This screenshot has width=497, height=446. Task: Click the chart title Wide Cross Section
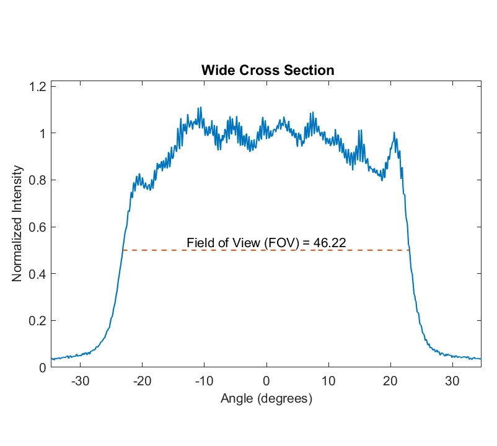click(x=267, y=71)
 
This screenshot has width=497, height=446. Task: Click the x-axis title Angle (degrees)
click(x=266, y=399)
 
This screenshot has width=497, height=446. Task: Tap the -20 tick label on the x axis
click(x=143, y=380)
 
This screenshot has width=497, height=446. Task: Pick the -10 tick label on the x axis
click(x=205, y=380)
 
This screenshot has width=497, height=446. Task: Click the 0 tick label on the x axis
click(x=266, y=380)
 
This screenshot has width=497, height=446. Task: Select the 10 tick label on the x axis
click(x=328, y=380)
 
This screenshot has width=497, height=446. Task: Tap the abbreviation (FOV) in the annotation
click(x=281, y=242)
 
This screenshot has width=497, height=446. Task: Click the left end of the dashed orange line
click(x=123, y=250)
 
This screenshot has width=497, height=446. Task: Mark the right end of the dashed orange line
click(x=410, y=250)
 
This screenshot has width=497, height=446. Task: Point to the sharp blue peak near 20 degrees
click(x=394, y=133)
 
